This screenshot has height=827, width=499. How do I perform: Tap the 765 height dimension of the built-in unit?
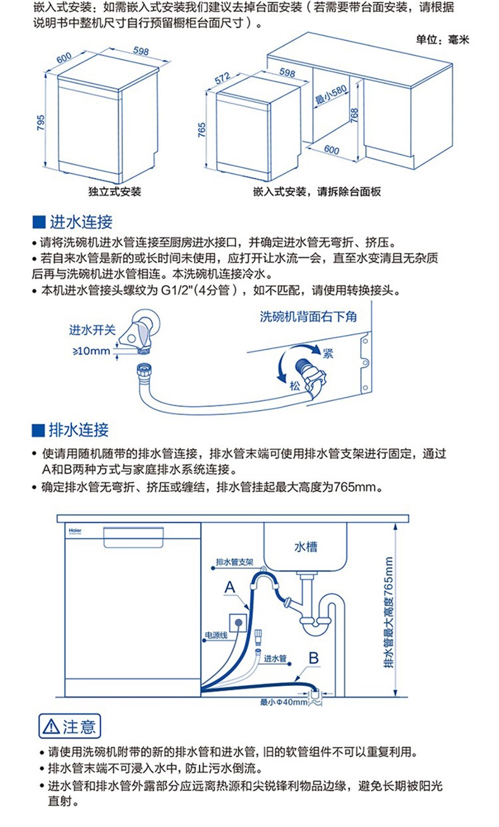(x=201, y=129)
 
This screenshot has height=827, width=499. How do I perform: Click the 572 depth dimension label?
(x=222, y=78)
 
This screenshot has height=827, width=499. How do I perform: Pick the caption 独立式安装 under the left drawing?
(x=115, y=191)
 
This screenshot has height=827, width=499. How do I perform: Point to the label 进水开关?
(x=93, y=330)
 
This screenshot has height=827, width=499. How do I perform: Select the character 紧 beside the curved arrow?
(x=328, y=353)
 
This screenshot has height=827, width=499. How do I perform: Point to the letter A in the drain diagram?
(x=230, y=587)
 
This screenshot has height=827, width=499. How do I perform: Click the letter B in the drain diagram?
(x=313, y=658)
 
